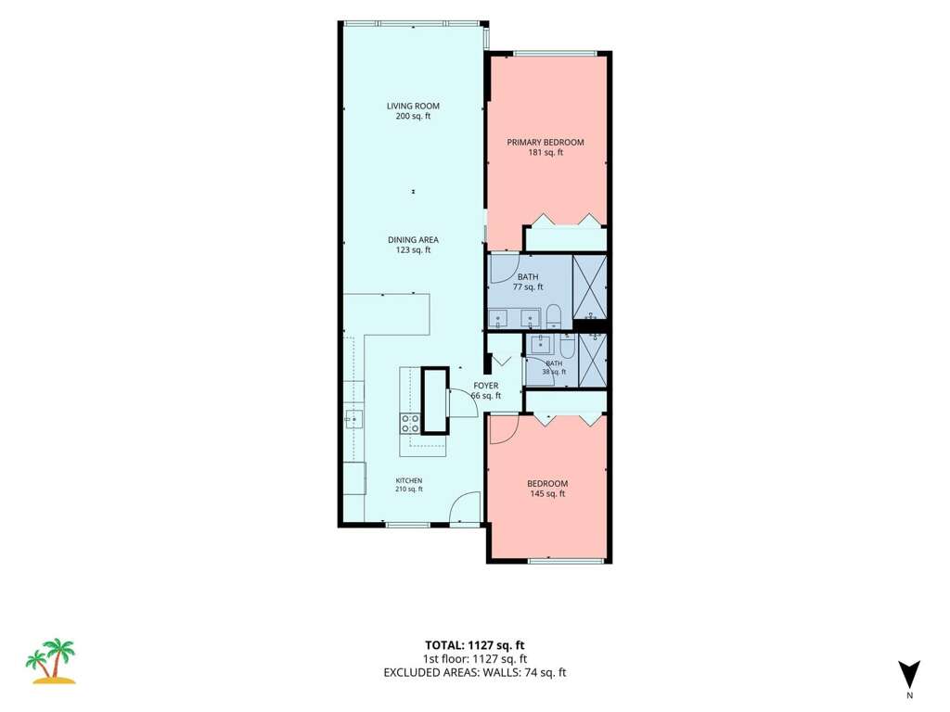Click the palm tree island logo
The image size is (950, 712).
point(51,661)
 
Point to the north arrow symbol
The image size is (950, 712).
point(909,675)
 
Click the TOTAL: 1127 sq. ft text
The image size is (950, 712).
point(474,645)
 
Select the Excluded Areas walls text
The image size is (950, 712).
point(474,672)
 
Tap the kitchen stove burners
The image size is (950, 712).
point(410,423)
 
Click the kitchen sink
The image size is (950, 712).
point(353,419)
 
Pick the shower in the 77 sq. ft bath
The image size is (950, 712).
point(589,287)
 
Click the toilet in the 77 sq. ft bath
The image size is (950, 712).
point(553,317)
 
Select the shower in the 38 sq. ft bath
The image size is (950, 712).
point(593,360)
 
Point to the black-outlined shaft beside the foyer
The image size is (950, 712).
point(434,400)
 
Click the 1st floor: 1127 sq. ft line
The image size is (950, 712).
point(474,659)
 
